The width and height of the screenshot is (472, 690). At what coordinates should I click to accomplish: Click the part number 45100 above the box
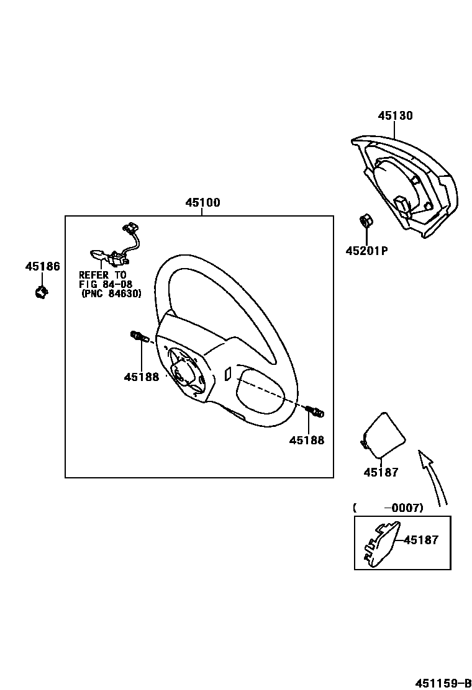click(202, 203)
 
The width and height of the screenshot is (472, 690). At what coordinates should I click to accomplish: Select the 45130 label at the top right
click(395, 116)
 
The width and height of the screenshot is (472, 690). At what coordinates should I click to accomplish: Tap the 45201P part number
click(366, 251)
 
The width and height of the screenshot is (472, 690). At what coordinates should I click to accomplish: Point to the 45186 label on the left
click(42, 267)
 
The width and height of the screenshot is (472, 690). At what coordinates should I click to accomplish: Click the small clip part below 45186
click(42, 290)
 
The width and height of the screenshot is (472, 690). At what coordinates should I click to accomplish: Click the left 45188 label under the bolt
click(141, 377)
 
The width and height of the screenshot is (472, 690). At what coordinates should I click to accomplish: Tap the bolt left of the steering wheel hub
click(138, 338)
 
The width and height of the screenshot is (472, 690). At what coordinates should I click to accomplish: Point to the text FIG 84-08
click(106, 284)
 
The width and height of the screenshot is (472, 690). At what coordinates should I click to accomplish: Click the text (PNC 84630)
click(111, 293)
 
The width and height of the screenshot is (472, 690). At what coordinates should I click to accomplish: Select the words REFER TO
click(102, 275)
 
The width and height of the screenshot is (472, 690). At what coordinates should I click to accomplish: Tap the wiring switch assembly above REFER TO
click(116, 248)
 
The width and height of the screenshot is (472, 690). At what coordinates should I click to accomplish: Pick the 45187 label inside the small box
click(420, 540)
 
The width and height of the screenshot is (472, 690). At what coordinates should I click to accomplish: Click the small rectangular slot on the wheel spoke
click(227, 374)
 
